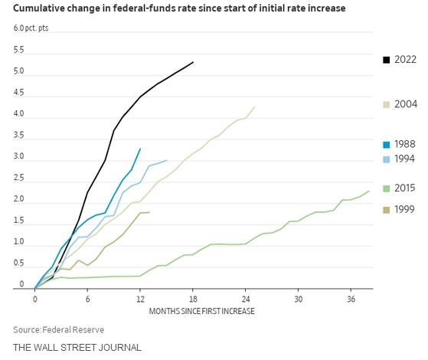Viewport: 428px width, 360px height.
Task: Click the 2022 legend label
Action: (405, 60)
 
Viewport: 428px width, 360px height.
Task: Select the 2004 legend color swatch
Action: (386, 105)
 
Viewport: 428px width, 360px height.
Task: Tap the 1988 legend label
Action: (405, 144)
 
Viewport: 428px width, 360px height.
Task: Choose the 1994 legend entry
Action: (399, 159)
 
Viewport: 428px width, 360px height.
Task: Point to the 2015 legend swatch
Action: (386, 188)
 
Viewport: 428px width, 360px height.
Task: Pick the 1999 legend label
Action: (404, 210)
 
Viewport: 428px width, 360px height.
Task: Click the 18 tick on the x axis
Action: (193, 299)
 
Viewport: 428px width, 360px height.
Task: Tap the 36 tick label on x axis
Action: (351, 299)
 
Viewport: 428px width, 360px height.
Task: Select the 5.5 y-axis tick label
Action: (19, 50)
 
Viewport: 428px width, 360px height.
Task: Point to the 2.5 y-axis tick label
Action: (19, 178)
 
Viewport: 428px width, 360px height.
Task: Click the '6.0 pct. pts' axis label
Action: (31, 28)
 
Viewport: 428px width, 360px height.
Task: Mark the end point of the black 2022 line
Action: (193, 62)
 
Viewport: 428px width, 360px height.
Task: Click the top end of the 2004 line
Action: (255, 106)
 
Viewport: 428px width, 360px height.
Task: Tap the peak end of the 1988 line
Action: (140, 149)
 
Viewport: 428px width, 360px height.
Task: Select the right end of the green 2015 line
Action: (369, 191)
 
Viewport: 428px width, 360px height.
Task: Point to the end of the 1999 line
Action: (149, 212)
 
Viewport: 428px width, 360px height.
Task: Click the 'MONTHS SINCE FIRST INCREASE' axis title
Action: (201, 311)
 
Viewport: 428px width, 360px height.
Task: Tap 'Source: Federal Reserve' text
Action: (59, 329)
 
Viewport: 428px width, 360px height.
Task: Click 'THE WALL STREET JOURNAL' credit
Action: (77, 348)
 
